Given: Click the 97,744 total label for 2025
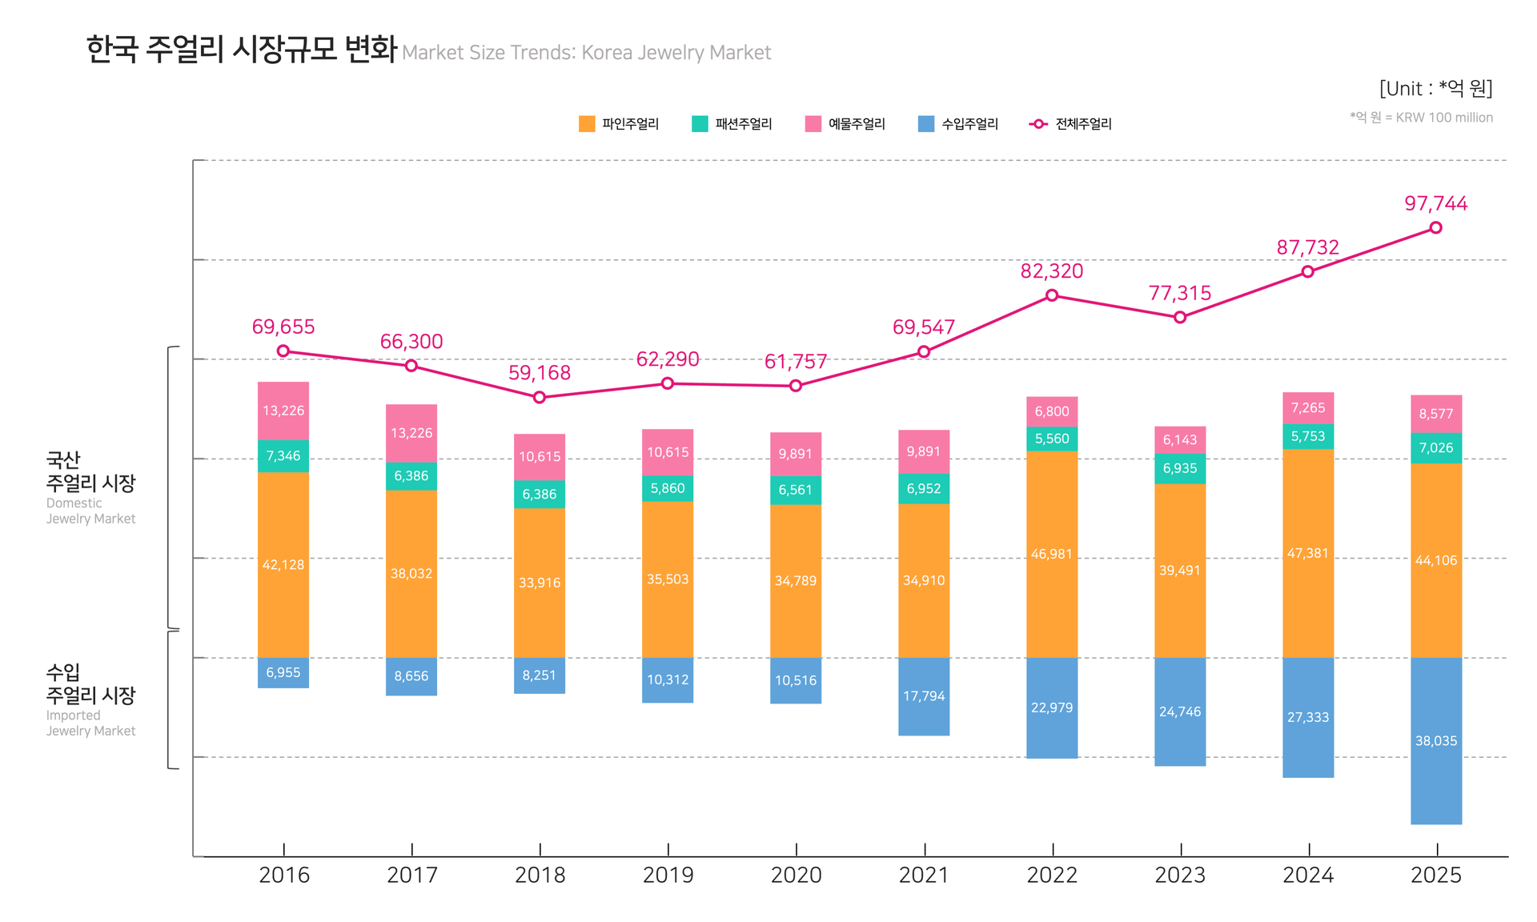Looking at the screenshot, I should pos(1435,203).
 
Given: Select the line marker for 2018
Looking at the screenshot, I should pos(540,397).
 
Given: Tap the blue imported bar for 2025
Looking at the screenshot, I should pos(1435,740).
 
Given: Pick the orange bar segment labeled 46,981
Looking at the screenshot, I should pos(1052,554).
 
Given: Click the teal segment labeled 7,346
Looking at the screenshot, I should pos(283,456).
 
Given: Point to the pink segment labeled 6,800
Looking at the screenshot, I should pos(1052,411).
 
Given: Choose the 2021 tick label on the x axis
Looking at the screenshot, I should pos(924,875).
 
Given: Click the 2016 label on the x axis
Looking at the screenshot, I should pos(284,875).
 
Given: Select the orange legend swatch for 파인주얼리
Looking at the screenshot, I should pos(587,124).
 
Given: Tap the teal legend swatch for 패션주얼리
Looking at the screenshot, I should pos(700,124).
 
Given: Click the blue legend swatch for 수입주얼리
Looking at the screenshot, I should pos(926,124).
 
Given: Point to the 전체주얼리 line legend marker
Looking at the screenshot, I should pos(1038,124).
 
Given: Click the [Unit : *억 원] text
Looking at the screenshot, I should pos(1435,88).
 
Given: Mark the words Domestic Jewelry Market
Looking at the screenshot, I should pos(90,511).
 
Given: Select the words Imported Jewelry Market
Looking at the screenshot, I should pos(90,723).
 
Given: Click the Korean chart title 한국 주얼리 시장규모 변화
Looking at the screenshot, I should pos(241,50).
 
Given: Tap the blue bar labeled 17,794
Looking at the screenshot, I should pos(924,696).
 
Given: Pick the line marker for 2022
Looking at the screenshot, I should pos(1052,295).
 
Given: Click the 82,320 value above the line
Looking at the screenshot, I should pos(1052,271).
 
